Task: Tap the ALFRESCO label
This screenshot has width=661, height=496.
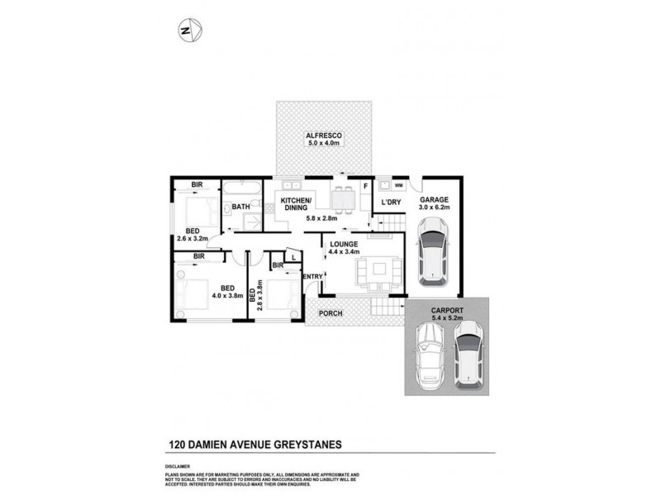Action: [x=324, y=134]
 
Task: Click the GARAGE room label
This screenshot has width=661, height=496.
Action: [x=434, y=200]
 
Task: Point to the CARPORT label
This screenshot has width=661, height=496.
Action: [x=445, y=311]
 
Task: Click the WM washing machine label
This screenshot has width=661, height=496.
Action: [x=398, y=185]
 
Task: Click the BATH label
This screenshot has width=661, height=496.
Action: [x=240, y=207]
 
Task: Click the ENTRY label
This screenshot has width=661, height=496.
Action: [x=313, y=276]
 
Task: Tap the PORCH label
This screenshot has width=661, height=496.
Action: [x=330, y=312]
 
